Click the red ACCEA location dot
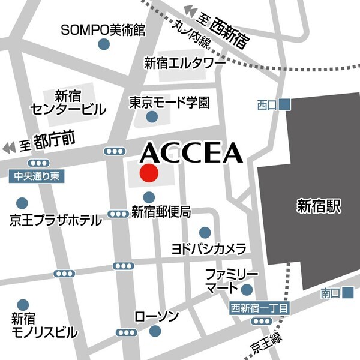click(148, 173)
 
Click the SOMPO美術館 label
click(104, 29)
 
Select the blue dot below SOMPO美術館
click(104, 44)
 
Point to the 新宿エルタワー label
click(184, 63)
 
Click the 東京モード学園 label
click(170, 102)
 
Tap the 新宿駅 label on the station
click(319, 208)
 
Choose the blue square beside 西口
click(285, 104)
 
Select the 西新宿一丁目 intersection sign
click(260, 308)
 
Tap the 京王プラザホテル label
click(56, 220)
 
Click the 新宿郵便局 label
click(161, 211)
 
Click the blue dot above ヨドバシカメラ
click(205, 232)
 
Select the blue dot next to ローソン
click(155, 331)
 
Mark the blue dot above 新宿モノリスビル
click(23, 305)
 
